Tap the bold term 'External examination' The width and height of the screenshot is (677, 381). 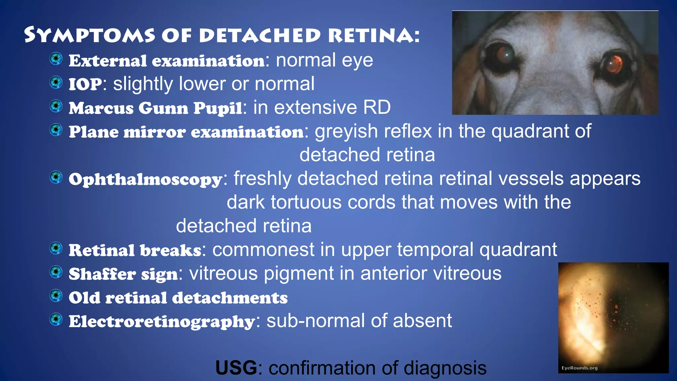tap(167, 61)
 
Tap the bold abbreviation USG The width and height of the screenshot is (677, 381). tap(236, 368)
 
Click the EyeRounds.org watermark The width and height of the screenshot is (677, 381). tap(579, 368)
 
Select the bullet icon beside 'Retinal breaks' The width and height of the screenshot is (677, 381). tap(56, 248)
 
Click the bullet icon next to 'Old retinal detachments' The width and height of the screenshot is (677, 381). tap(56, 296)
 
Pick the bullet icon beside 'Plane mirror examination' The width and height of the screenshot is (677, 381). tap(56, 130)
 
